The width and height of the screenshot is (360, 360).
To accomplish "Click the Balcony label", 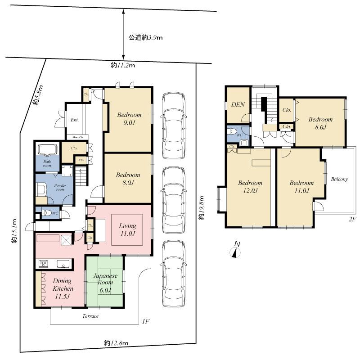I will pyautogui.click(x=339, y=179).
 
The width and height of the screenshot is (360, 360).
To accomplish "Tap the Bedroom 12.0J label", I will pyautogui.click(x=250, y=187).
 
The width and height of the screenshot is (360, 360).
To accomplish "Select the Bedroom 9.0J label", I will pyautogui.click(x=129, y=119).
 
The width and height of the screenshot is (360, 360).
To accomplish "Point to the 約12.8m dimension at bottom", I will pyautogui.click(x=116, y=343).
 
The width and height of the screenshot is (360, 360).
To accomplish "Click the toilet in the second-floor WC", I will pyautogui.click(x=231, y=132).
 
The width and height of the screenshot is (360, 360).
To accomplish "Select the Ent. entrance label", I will pyautogui.click(x=75, y=120).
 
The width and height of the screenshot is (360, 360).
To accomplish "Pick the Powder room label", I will pyautogui.click(x=60, y=187).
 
